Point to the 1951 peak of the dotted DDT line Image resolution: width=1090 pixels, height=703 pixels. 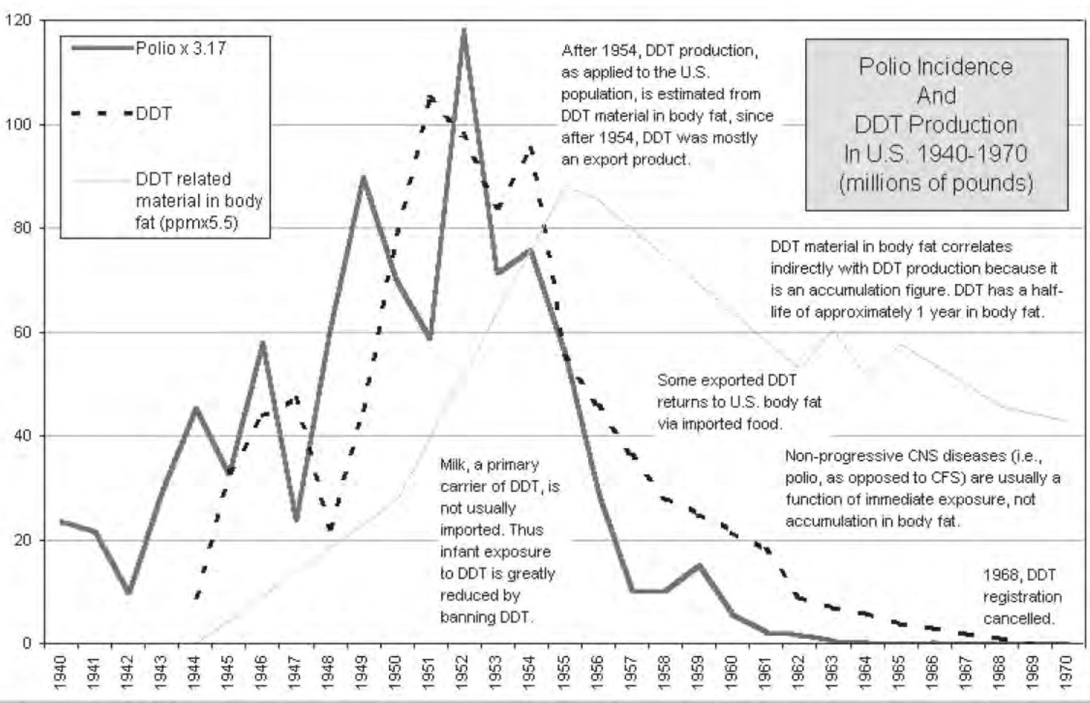[x=430, y=98]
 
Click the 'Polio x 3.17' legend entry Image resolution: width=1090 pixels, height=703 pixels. [x=149, y=48]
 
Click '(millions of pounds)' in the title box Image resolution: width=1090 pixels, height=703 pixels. [x=935, y=183]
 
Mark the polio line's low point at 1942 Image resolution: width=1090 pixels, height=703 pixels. [x=129, y=592]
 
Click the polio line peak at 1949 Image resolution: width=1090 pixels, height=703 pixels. [x=363, y=177]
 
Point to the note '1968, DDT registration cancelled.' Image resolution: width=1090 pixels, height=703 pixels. [x=1022, y=596]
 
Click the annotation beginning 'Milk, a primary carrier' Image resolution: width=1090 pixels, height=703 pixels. [x=498, y=540]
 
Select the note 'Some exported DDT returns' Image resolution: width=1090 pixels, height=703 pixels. [x=739, y=402]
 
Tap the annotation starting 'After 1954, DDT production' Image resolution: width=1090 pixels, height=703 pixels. [x=666, y=105]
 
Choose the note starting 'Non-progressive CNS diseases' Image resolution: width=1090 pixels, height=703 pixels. [x=922, y=488]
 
